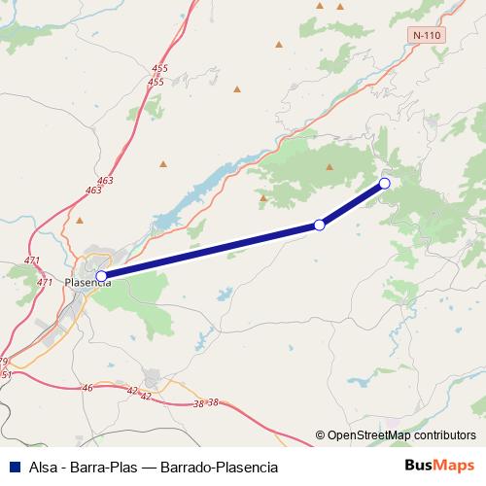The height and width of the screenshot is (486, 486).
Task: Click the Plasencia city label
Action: pos(87,283)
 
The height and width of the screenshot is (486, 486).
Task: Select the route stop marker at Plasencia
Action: pos(101,276)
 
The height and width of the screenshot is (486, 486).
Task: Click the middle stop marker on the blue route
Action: pos(319,226)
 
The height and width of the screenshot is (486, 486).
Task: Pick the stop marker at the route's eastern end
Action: pos(385,183)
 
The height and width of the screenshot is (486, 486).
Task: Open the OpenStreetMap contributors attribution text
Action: pos(401,435)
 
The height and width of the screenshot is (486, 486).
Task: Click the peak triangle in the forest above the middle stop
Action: pos(330,166)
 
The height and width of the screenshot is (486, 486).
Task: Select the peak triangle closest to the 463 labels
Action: pos(163,162)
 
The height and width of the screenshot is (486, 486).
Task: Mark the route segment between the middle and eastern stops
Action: pos(352,204)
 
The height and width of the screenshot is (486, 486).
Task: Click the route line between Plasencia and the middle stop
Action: pos(210,251)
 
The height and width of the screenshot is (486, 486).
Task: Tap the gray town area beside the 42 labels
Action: pos(154,378)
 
